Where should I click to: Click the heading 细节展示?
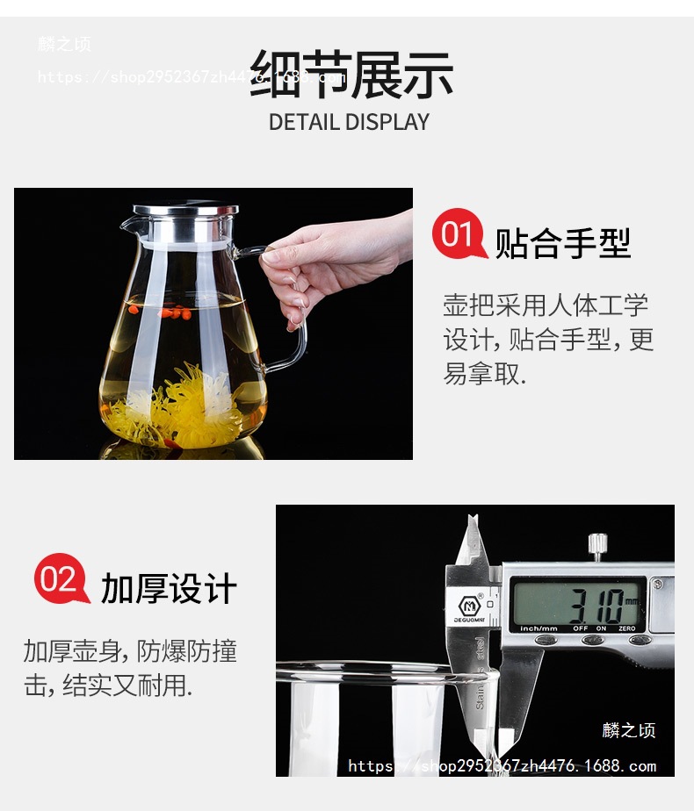pos(351,74)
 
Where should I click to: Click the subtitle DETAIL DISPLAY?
pos(349,122)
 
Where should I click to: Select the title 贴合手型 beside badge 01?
pos(563,243)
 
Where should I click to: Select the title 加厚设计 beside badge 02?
pos(169,588)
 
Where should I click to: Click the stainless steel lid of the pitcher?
pos(186,212)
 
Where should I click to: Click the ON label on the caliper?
pos(602,629)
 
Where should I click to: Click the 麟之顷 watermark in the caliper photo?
pos(628,730)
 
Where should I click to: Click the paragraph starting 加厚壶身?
pos(130,668)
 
